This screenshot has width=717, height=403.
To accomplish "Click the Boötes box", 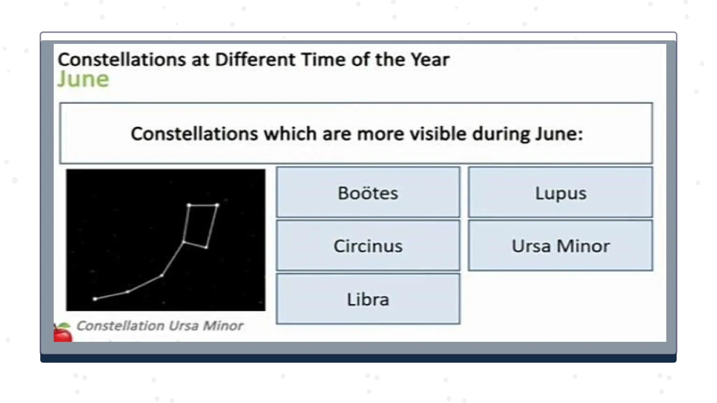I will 368,192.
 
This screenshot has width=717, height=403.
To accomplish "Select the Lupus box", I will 560,192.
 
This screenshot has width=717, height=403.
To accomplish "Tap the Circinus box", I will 368,246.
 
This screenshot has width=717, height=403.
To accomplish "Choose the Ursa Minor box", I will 560,246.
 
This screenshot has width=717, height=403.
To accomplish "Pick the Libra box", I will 368,299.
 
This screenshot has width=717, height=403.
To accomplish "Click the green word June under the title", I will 83,79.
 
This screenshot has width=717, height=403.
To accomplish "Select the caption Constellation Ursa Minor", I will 160,326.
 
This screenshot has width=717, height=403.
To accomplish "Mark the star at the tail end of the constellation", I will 95,299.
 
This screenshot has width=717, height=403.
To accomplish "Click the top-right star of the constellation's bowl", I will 217,205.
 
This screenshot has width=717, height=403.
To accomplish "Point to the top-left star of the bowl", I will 189,205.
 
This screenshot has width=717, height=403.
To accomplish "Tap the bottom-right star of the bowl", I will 207,248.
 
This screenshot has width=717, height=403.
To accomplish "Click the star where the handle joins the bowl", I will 183,242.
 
